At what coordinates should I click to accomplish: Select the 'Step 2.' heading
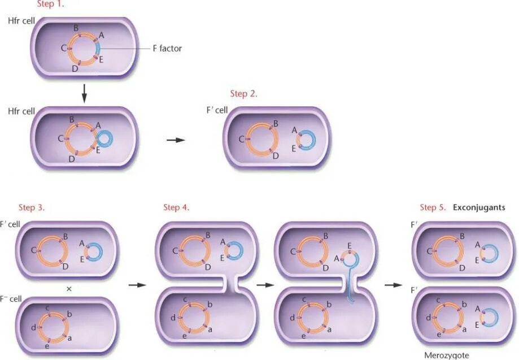[x=243, y=94]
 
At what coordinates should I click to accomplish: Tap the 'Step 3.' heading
[x=31, y=207]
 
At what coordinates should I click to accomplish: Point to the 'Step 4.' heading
[x=176, y=207]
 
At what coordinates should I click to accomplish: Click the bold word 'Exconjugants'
[x=479, y=207]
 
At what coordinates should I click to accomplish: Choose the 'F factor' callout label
[x=167, y=49]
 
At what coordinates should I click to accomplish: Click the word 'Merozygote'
[x=447, y=355]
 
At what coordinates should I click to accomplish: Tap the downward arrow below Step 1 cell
[x=84, y=93]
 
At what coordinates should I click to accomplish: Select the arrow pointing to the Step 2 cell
[x=176, y=140]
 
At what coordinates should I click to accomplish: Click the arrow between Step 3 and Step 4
[x=137, y=285]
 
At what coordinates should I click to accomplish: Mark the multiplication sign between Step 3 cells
[x=69, y=289]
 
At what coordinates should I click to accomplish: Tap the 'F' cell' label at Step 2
[x=217, y=110]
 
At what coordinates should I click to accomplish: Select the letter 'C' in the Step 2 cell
[x=242, y=139]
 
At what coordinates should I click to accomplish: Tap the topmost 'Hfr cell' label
[x=21, y=21]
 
